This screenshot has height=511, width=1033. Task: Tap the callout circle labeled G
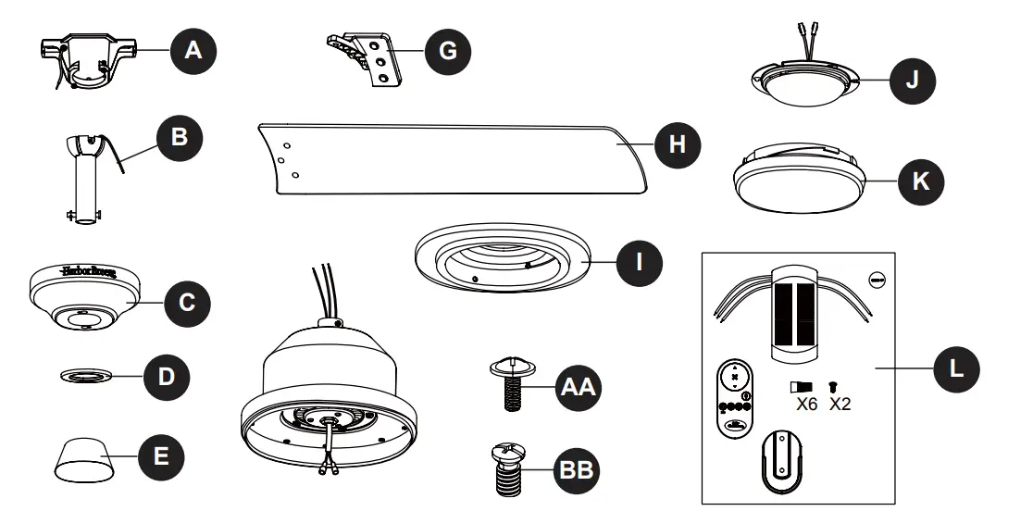click(x=447, y=51)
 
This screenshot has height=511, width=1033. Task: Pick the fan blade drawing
click(x=444, y=157)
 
